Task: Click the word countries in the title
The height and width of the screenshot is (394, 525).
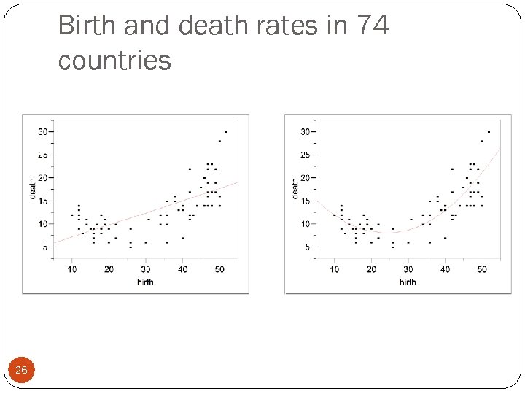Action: click(x=114, y=61)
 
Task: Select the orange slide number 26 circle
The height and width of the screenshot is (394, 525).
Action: click(x=21, y=371)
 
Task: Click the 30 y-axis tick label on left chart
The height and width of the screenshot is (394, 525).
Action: click(x=42, y=132)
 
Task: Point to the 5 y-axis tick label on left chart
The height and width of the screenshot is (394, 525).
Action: click(x=44, y=247)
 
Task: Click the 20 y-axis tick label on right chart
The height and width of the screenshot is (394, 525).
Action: click(x=305, y=178)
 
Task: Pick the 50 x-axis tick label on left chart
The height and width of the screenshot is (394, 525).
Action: click(x=219, y=270)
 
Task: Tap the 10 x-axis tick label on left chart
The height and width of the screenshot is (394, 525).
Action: click(x=72, y=270)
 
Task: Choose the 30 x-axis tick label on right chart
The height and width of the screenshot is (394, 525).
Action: click(x=408, y=270)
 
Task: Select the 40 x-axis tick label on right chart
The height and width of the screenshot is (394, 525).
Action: click(x=445, y=270)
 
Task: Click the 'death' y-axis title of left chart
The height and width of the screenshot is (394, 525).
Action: click(x=32, y=188)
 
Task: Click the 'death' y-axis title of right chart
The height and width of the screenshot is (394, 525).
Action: click(x=295, y=188)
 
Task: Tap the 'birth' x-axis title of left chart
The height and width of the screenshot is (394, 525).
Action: click(x=145, y=282)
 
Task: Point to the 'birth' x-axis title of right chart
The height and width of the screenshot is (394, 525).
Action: click(x=408, y=282)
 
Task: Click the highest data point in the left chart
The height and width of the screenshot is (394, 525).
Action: click(x=226, y=132)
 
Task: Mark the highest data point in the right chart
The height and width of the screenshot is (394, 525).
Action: click(x=489, y=132)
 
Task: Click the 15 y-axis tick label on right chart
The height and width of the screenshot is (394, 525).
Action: click(x=305, y=201)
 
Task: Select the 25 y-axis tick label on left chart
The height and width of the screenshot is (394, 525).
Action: click(x=42, y=155)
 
